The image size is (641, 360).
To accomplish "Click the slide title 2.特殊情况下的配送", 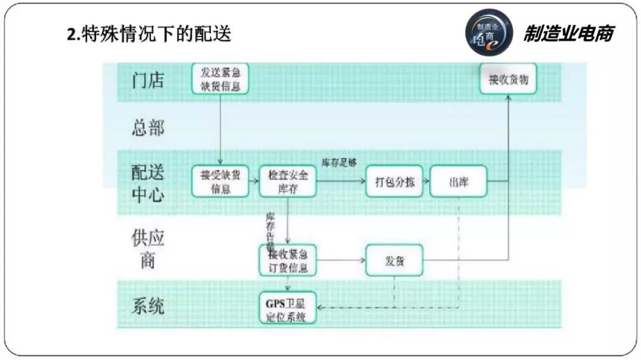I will [148, 34].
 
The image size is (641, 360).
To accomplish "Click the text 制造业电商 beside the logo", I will [567, 34].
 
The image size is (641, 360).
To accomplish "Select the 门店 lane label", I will [148, 79].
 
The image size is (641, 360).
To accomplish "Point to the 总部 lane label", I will [148, 128].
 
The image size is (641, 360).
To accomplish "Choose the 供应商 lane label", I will [148, 249].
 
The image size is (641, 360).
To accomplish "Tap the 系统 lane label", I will [148, 307].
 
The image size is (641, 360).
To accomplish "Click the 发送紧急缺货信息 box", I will [220, 79].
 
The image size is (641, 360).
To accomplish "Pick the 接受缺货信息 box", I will [220, 181].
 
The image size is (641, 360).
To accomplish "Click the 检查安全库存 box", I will [288, 181].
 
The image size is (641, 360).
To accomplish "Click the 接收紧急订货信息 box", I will [288, 260].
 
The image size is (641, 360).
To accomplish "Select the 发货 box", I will [394, 260].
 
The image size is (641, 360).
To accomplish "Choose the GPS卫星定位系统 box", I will [288, 307].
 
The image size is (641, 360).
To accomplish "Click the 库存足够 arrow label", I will [339, 163].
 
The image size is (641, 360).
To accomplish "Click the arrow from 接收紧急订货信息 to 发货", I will [341, 260].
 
